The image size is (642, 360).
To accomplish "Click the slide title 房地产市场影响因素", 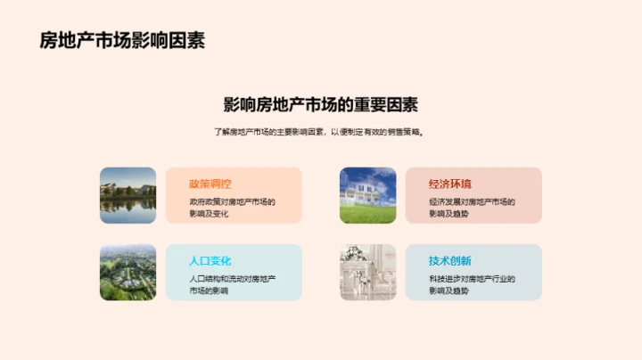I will pyautogui.click(x=122, y=40).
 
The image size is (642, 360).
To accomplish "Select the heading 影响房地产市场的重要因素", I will pyautogui.click(x=320, y=104).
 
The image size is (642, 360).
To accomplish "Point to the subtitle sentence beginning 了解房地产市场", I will pyautogui.click(x=320, y=132).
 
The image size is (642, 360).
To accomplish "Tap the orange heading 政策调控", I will pyautogui.click(x=210, y=184).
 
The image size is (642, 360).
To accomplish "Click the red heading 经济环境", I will pyautogui.click(x=450, y=184).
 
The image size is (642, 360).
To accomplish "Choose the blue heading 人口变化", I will pyautogui.click(x=210, y=261).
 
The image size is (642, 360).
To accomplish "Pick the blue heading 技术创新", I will pyautogui.click(x=450, y=261).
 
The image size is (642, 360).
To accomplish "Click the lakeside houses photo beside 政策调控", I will pyautogui.click(x=128, y=195).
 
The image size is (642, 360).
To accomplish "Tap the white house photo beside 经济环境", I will pyautogui.click(x=367, y=195).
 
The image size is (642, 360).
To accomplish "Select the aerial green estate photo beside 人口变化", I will pyautogui.click(x=128, y=273).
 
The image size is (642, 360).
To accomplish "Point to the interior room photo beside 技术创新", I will pyautogui.click(x=367, y=273).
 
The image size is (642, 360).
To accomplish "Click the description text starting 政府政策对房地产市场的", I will pyautogui.click(x=232, y=208).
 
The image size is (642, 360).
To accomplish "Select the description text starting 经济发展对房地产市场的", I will pyautogui.click(x=472, y=208).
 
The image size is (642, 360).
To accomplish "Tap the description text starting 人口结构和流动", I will pyautogui.click(x=232, y=285).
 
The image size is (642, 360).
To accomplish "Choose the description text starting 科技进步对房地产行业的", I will pyautogui.click(x=472, y=285).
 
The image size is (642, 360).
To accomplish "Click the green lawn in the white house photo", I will pyautogui.click(x=367, y=215).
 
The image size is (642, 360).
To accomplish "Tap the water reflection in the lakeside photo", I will pyautogui.click(x=128, y=211).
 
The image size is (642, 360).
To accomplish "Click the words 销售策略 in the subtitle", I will pyautogui.click(x=403, y=132).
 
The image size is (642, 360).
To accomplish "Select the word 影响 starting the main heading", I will pyautogui.click(x=235, y=104).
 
